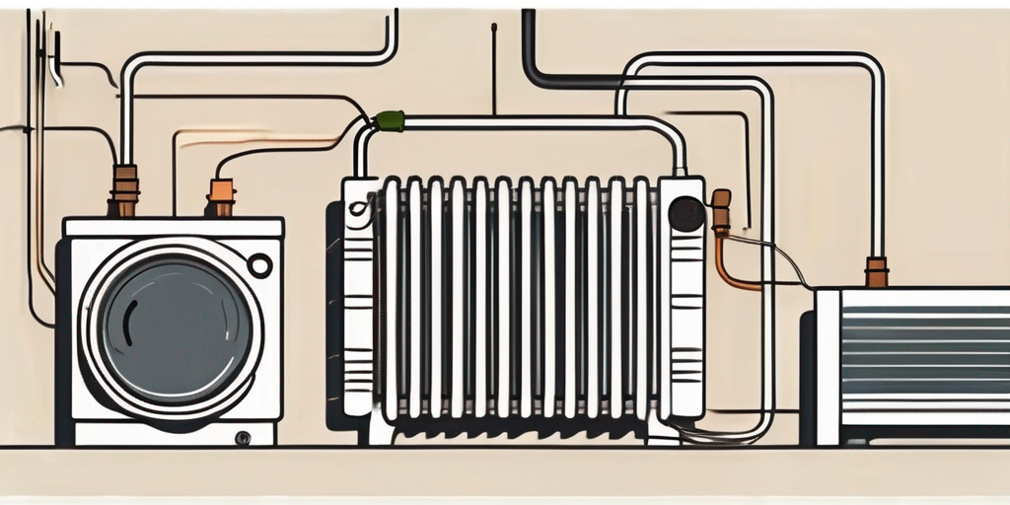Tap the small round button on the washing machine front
click(x=259, y=265)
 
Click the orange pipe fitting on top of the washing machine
click(x=221, y=195)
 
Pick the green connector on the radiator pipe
click(x=389, y=121)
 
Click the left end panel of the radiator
click(x=357, y=296)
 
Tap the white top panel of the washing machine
click(x=174, y=227)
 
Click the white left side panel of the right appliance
click(x=827, y=365)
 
